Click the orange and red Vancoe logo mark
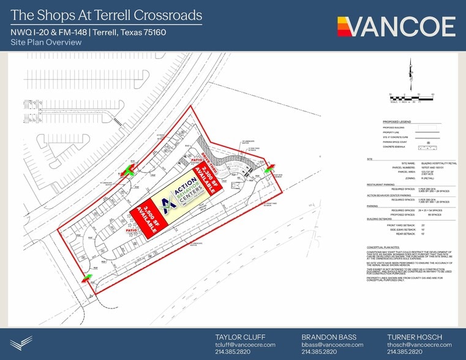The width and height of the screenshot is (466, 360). (344, 26)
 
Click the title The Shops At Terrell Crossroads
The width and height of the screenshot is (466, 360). (107, 15)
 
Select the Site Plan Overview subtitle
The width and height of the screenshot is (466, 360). (46, 42)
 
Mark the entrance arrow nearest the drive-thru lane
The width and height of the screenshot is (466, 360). (269, 167)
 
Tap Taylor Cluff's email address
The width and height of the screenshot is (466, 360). (245, 345)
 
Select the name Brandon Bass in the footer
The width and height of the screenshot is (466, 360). (325, 337)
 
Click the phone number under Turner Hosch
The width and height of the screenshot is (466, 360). (405, 352)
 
